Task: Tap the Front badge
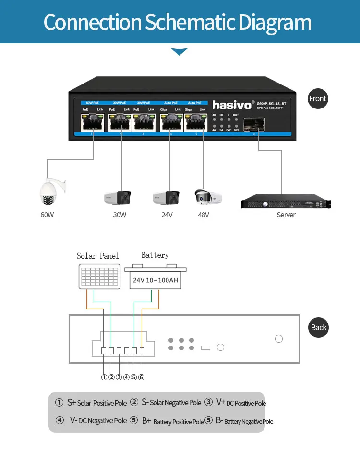[x=317, y=99]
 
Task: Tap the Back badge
[x=318, y=327]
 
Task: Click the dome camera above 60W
[x=49, y=192]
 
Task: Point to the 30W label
[x=120, y=215]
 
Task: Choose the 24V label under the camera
[x=167, y=215]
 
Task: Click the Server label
[x=286, y=215]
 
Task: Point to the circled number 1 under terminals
[x=104, y=377]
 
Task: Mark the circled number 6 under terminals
[x=141, y=377]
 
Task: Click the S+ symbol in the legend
[x=72, y=402]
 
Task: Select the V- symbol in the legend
[x=73, y=420]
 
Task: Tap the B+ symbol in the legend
[x=146, y=421]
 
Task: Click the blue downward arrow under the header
[x=179, y=51]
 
